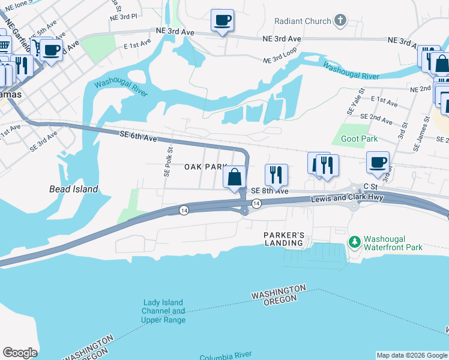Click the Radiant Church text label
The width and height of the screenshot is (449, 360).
303,21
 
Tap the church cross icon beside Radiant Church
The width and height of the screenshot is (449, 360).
340,21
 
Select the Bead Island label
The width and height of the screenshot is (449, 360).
73,189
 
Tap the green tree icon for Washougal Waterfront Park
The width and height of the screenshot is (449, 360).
354,241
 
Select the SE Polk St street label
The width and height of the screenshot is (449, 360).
167,162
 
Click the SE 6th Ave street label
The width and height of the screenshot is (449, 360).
138,138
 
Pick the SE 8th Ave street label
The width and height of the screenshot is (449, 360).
270,191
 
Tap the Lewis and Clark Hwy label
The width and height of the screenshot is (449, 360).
340,199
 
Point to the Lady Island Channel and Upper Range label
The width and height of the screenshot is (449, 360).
163,311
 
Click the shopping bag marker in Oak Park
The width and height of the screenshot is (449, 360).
235,178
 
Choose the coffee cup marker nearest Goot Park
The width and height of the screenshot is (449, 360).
378,162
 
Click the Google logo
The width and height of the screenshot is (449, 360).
20,353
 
